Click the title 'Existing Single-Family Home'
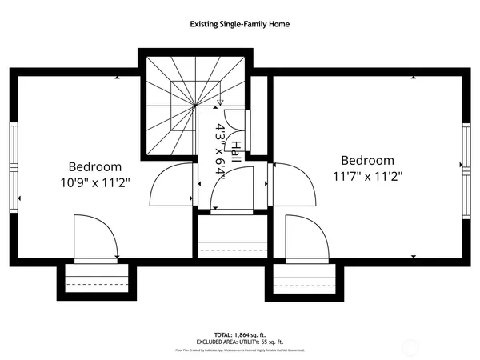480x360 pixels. click(239, 24)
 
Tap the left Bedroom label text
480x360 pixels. click(94, 166)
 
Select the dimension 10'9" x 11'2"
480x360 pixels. click(94, 182)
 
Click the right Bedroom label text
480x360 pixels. click(367, 160)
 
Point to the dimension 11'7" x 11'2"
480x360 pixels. click(367, 176)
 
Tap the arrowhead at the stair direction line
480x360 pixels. click(219, 102)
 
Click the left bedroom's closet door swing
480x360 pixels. click(94, 237)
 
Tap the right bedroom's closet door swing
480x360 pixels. click(306, 238)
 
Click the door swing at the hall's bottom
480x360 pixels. click(230, 194)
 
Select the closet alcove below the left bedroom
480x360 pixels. click(96, 281)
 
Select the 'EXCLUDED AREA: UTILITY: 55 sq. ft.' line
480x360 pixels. click(239, 341)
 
